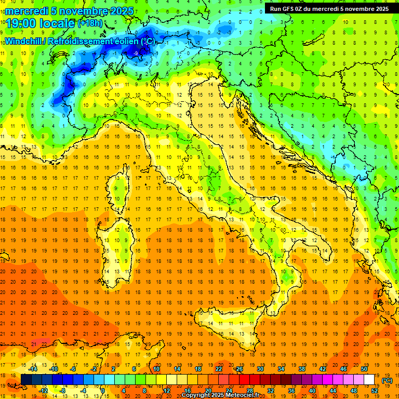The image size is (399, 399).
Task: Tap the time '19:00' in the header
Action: (x=21, y=23)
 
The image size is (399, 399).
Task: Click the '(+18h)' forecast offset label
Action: (x=90, y=23)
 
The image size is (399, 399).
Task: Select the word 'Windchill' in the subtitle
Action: (x=24, y=41)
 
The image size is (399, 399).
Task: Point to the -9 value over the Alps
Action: (x=136, y=53)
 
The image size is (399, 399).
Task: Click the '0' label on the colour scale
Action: (x=103, y=391)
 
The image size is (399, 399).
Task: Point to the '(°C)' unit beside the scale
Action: (x=387, y=380)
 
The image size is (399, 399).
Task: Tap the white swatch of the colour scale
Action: (x=369, y=380)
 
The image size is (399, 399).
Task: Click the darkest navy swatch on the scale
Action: (x=26, y=380)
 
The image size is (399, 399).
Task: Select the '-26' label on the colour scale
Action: (x=238, y=369)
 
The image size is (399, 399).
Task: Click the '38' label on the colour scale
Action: (x=301, y=369)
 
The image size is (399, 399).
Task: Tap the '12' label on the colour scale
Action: (x=167, y=391)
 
